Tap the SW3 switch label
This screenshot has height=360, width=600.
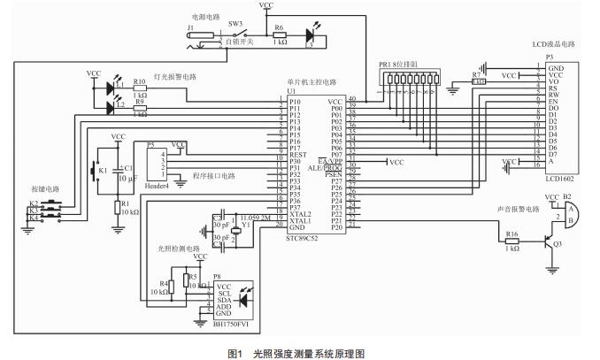click(x=235, y=26)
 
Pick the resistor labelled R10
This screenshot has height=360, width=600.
click(x=139, y=89)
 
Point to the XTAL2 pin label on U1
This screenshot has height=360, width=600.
click(x=302, y=214)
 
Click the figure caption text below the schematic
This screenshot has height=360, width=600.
click(x=299, y=352)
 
